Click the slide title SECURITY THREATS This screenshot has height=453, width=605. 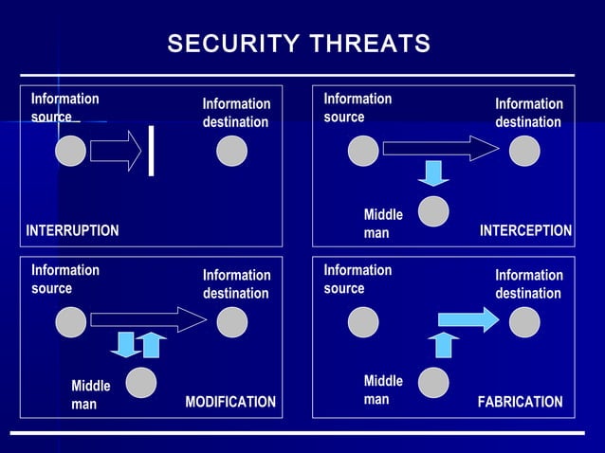[x=299, y=45]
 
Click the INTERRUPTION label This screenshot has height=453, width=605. [x=72, y=230]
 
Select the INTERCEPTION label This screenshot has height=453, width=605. [x=525, y=230]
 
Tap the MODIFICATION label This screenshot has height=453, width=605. [x=230, y=402]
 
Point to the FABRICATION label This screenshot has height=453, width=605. [x=520, y=402]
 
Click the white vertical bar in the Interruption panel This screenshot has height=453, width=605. [x=151, y=152]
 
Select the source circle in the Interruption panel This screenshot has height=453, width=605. [x=70, y=152]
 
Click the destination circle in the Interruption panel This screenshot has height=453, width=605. [x=231, y=152]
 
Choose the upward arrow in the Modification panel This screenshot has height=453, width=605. [x=151, y=345]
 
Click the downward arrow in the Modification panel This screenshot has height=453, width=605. [x=124, y=344]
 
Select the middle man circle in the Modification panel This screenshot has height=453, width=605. [x=141, y=382]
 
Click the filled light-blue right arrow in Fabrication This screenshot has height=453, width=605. [x=467, y=320]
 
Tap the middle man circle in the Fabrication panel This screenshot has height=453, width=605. [x=433, y=382]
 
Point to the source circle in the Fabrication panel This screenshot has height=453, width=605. [x=362, y=322]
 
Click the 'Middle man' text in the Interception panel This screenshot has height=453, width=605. [x=383, y=224]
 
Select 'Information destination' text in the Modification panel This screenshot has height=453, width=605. [x=236, y=284]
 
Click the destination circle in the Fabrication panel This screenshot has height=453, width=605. [x=524, y=322]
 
